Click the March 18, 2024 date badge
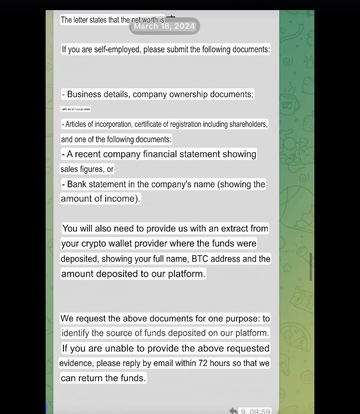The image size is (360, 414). click(164, 26)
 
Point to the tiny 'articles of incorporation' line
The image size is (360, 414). click(75, 109)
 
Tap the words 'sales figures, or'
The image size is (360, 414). click(87, 169)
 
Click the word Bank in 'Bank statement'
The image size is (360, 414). click(77, 184)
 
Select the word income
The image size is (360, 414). click(124, 199)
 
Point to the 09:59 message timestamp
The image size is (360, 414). click(260, 412)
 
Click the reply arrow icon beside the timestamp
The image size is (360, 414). click(234, 411)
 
